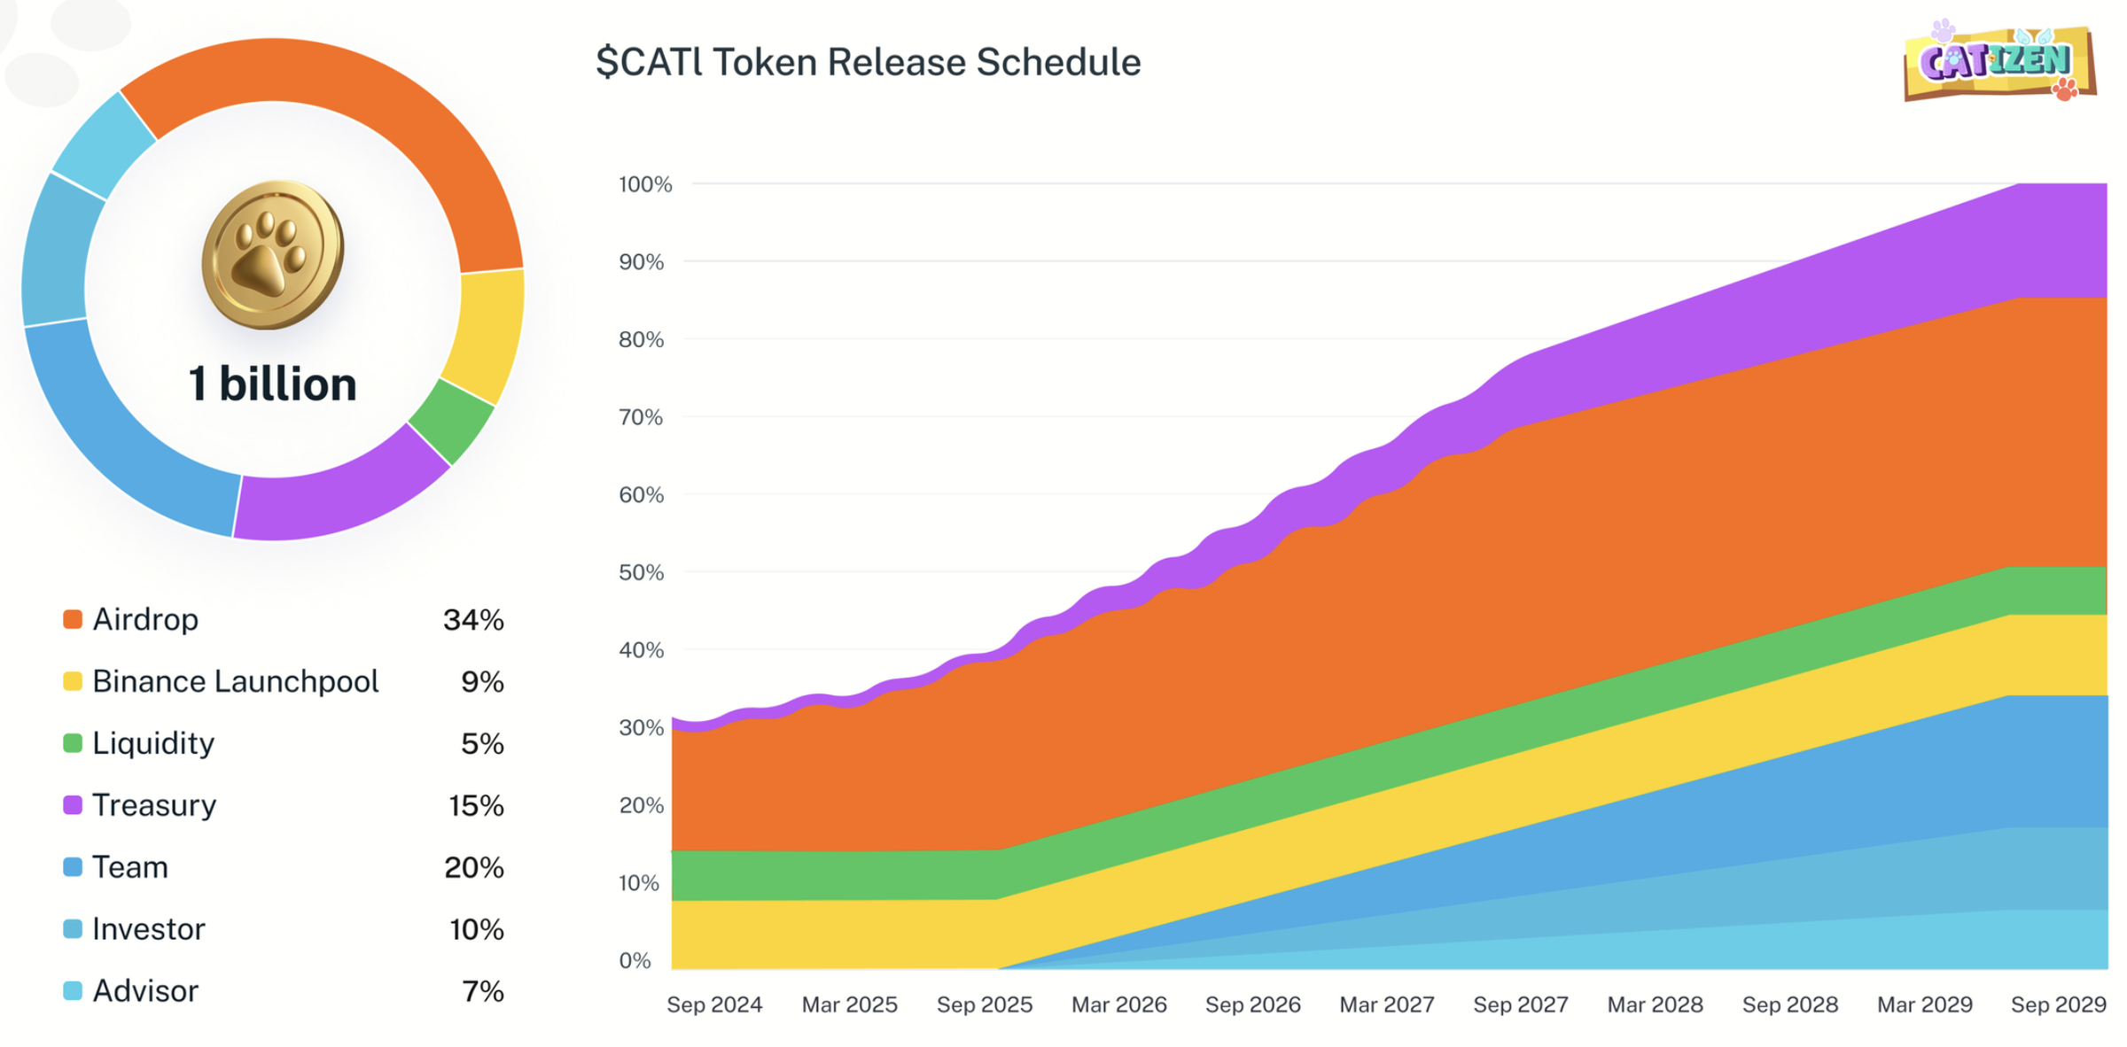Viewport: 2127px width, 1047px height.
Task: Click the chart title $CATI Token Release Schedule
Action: click(x=868, y=62)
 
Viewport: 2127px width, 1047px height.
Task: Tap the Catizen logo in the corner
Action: click(x=1999, y=62)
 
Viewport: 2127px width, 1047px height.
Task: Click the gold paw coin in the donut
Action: click(x=272, y=255)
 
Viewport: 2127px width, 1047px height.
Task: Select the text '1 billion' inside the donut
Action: click(x=272, y=384)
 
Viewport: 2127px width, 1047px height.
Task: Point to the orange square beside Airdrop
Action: click(x=73, y=619)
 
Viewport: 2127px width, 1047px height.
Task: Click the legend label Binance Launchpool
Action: click(x=235, y=681)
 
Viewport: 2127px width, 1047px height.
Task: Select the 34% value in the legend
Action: click(x=473, y=619)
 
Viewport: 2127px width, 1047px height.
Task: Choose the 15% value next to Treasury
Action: click(x=476, y=805)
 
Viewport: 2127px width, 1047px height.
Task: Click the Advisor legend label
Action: click(x=145, y=990)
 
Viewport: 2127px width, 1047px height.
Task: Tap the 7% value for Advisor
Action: click(x=483, y=990)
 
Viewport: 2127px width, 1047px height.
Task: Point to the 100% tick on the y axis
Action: click(x=645, y=184)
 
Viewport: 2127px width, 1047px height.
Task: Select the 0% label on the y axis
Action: click(x=635, y=960)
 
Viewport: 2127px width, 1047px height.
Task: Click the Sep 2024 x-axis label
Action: click(x=714, y=1004)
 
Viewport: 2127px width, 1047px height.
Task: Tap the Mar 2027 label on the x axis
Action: click(x=1387, y=1004)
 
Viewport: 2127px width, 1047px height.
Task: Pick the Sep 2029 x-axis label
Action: click(x=2058, y=1004)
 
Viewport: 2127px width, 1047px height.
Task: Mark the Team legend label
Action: click(x=130, y=867)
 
